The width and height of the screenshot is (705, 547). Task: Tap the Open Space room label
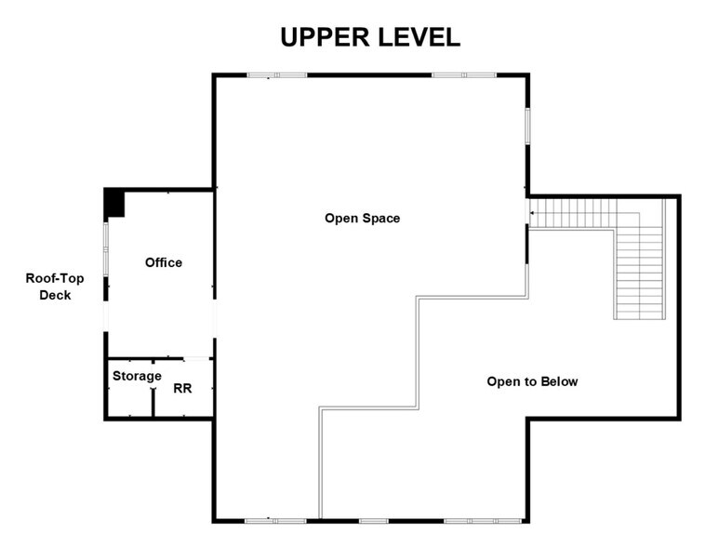coord(362,219)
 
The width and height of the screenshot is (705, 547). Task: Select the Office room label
coord(164,262)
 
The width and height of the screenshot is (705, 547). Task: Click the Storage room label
coord(137,376)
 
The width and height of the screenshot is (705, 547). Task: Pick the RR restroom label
coord(182,388)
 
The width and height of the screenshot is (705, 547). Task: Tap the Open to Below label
coord(532,381)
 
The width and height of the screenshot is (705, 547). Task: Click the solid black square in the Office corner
coord(113,202)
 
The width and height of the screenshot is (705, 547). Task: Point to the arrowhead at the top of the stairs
coord(531,214)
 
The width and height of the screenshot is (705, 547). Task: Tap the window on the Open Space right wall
coord(527,126)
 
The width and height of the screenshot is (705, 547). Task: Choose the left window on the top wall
coord(276,75)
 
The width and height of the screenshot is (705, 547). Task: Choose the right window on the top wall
coord(463,75)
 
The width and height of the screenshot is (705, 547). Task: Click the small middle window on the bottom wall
coord(373,520)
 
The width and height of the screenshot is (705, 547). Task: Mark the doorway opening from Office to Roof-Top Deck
coord(106,316)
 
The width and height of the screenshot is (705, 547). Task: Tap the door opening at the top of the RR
coord(196,359)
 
